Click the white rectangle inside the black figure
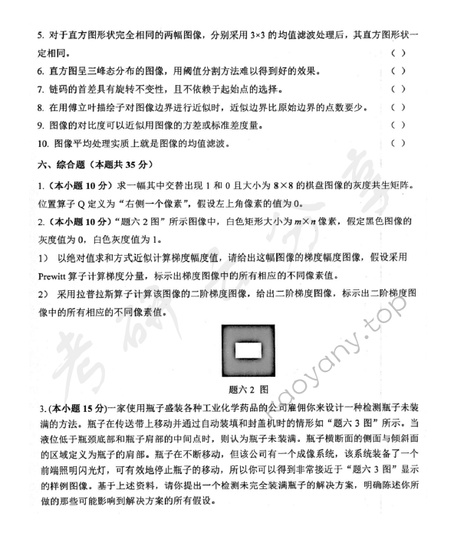[247, 353]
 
